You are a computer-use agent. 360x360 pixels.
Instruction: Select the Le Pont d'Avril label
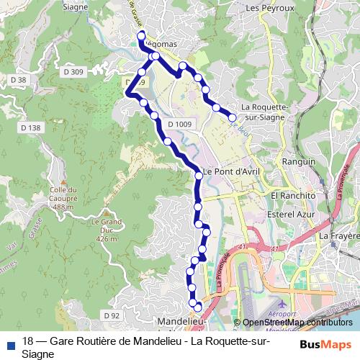click(x=230, y=171)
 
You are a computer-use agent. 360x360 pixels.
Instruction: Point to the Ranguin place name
click(x=300, y=163)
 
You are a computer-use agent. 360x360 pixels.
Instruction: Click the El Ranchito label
click(x=293, y=195)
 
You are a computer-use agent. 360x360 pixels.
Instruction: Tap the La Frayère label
click(x=338, y=235)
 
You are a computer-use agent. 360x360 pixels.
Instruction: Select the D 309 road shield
click(x=73, y=71)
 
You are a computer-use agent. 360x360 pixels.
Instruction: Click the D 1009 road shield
click(x=179, y=125)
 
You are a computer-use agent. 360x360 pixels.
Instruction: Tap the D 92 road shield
click(x=110, y=315)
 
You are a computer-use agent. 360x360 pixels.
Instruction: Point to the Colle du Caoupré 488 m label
click(x=63, y=198)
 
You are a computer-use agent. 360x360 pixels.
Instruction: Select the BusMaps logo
click(x=325, y=343)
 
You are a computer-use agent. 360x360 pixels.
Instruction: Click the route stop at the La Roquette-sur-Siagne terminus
click(x=233, y=117)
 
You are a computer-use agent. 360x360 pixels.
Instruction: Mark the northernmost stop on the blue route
click(x=141, y=35)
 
